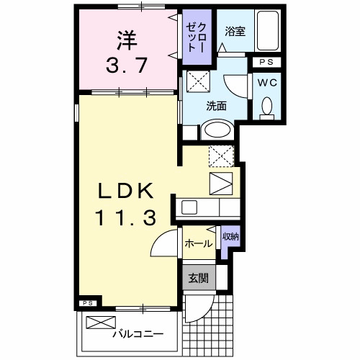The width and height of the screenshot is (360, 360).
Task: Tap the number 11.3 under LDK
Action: (x=127, y=217)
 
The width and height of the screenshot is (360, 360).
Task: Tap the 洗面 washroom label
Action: (x=216, y=106)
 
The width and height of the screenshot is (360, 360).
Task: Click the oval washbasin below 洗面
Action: (x=216, y=130)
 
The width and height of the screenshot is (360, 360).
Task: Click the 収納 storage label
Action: (x=230, y=237)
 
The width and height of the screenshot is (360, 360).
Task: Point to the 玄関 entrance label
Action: (x=198, y=278)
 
